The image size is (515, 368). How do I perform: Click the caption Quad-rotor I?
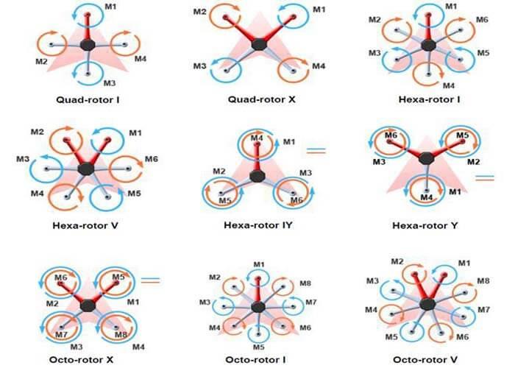coord(88,99)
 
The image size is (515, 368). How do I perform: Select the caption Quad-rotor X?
coord(262,99)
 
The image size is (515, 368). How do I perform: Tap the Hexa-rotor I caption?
coord(429,99)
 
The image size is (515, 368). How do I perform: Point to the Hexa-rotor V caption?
coord(85,225)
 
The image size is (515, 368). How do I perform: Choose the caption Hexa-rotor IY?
coord(257,225)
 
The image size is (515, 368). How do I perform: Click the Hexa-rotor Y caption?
coord(425,225)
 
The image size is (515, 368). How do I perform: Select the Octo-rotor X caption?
coord(81,359)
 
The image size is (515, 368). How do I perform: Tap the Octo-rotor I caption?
coord(255,359)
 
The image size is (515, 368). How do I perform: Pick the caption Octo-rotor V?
coord(425,359)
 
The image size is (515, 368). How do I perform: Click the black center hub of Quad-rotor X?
coord(259,44)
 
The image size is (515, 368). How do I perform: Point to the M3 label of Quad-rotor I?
coord(110,82)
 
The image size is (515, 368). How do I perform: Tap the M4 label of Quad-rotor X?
coord(319,66)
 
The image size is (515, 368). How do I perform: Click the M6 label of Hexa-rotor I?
coord(482,20)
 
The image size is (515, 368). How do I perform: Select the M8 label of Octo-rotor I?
coord(305,283)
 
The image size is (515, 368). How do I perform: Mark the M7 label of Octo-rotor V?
coord(484,310)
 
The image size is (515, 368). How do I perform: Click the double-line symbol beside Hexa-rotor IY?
coord(316,151)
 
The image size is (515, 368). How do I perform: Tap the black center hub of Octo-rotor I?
coord(258,307)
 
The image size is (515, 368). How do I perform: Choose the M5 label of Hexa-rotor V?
coord(134,193)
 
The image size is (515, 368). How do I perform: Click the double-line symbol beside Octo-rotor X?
coord(150,280)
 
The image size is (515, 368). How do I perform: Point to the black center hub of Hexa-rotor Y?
coord(426,159)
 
